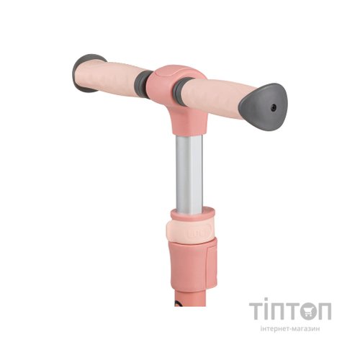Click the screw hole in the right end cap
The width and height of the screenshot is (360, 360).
coord(274,108)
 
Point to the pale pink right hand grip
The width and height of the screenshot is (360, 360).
coord(215,96)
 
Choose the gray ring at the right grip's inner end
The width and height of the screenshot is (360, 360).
coord(180,89)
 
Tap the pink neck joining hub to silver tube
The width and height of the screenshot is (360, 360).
coord(189,120)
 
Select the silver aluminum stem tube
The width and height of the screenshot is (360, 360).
coord(189,173)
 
